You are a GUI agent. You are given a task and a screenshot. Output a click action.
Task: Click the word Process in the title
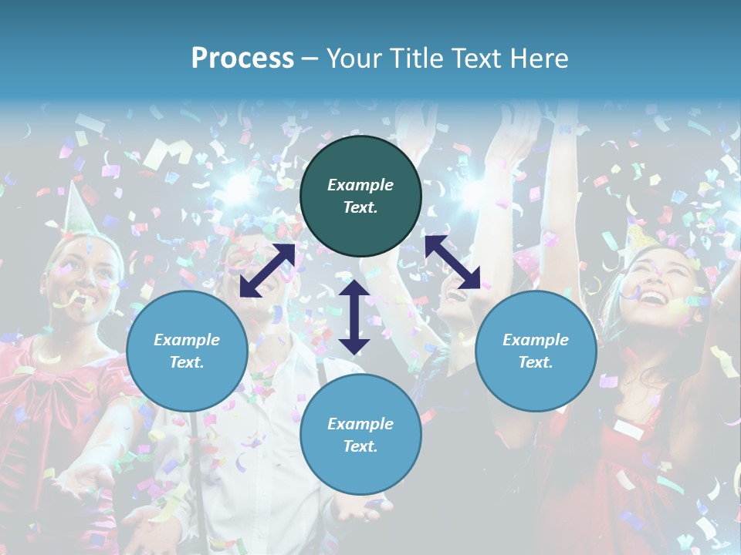click(x=242, y=59)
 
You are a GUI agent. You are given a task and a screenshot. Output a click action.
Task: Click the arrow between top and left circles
click(x=267, y=270)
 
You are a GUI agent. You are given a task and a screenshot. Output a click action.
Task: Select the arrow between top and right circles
click(x=452, y=262)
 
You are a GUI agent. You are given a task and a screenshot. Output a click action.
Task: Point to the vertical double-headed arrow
click(x=354, y=318)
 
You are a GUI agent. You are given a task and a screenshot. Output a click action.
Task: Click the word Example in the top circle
click(x=360, y=185)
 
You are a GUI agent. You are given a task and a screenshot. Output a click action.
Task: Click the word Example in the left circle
click(x=187, y=340)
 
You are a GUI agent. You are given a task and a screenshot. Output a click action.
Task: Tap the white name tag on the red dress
click(x=630, y=430)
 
